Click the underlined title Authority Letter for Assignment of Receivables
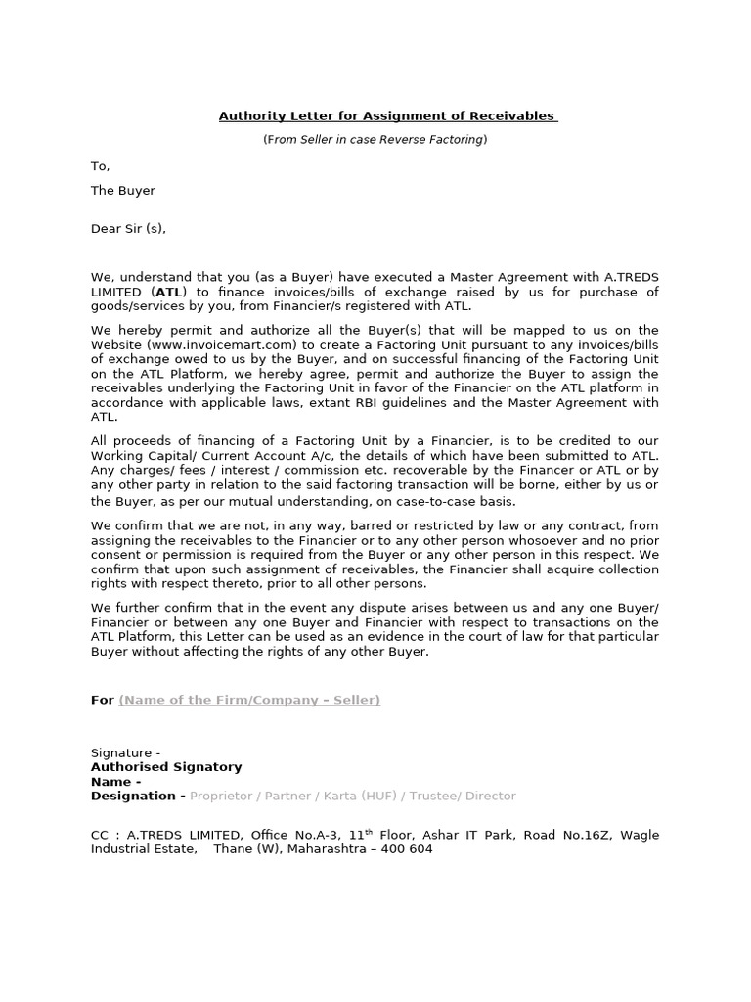point(387,117)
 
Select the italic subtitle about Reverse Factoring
point(375,140)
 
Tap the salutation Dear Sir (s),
point(128,229)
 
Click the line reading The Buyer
point(122,191)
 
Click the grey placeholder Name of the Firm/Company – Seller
point(249,700)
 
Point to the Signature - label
point(125,752)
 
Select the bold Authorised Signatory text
point(166,767)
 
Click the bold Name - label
point(115,782)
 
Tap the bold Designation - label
point(138,797)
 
